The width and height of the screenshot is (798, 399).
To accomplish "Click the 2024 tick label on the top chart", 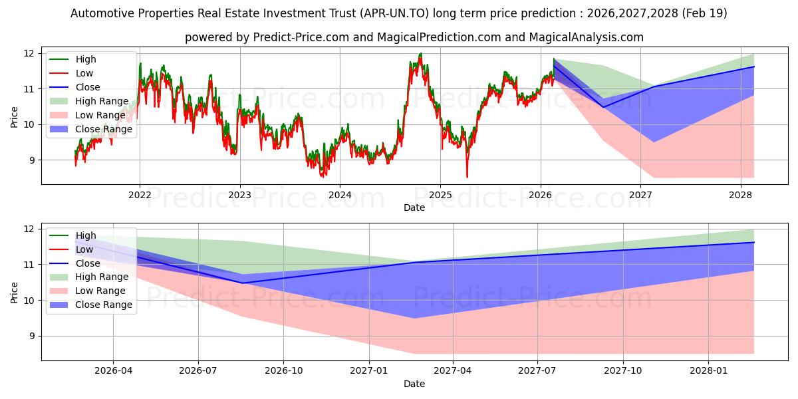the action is [340, 196].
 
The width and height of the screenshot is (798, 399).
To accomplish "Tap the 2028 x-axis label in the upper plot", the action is [741, 196].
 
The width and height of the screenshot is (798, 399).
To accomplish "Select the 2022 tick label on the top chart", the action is [140, 196].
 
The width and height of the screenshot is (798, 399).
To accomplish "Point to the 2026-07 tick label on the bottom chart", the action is [198, 371].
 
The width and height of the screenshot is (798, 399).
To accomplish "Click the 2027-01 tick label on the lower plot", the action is [369, 371].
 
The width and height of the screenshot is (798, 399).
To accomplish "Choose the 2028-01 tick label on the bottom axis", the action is [709, 371].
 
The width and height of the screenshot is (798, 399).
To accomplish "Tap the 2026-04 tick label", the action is [113, 371].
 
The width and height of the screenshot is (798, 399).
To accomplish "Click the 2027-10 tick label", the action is [623, 371].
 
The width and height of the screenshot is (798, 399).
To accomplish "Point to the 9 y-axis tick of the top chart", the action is [32, 160].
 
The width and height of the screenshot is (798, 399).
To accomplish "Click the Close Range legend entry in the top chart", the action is [91, 129].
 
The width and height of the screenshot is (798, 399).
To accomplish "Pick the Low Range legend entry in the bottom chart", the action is [88, 291].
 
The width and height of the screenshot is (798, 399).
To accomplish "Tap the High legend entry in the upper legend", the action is [72, 59].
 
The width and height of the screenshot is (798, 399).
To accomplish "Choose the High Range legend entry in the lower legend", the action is [89, 277].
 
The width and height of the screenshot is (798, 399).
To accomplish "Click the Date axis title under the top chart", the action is [414, 207].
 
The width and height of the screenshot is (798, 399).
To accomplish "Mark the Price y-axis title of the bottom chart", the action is [14, 293].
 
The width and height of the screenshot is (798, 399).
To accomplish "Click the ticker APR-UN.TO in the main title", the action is [394, 13].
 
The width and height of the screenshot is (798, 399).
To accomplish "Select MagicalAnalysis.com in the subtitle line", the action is [587, 37].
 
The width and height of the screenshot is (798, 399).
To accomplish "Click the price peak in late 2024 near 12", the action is [421, 54].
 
